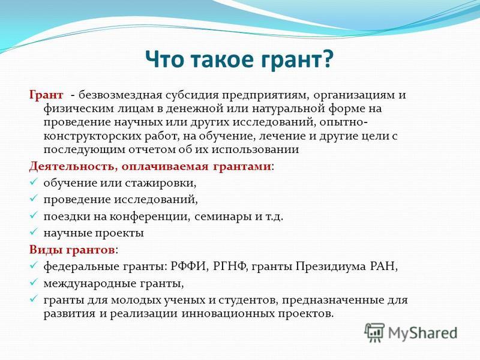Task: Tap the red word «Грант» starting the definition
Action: [x=46, y=95]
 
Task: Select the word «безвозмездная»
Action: [x=120, y=95]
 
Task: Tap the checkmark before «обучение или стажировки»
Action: [x=33, y=182]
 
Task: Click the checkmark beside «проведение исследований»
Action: [x=33, y=199]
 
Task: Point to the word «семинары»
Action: [x=223, y=217]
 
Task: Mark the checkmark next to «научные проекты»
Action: [x=33, y=232]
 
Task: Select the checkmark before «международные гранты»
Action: [x=33, y=282]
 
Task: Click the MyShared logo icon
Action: [x=374, y=333]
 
